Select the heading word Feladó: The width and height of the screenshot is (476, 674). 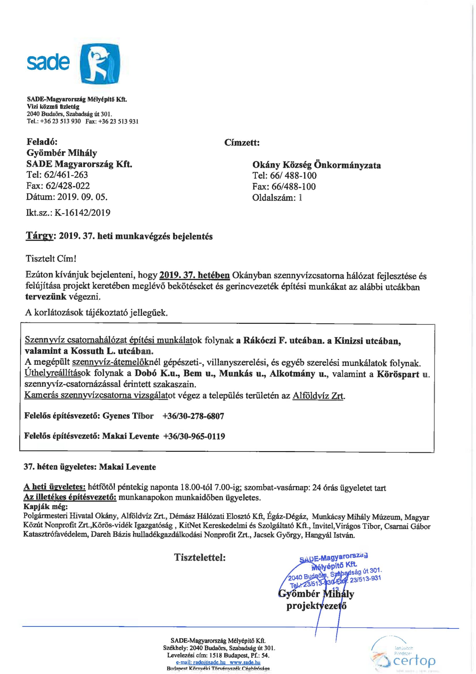[x=42, y=142]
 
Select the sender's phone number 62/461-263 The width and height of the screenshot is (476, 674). [x=66, y=175]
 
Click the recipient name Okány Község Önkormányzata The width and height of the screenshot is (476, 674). [x=316, y=165]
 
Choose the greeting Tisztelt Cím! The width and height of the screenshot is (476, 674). [x=51, y=259]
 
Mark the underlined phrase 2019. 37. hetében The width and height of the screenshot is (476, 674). [x=194, y=275]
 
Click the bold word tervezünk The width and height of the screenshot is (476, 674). [x=46, y=296]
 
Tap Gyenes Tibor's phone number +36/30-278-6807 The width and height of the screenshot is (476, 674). [x=193, y=416]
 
